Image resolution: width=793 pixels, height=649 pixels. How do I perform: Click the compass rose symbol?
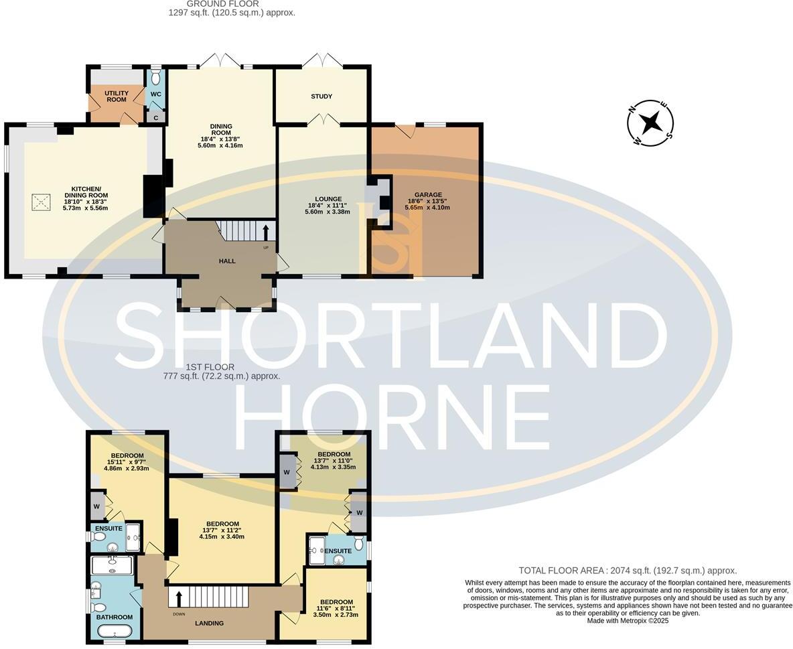[x=650, y=123]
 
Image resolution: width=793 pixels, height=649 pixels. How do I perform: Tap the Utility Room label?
[x=116, y=96]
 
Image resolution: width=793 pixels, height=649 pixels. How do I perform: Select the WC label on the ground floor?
[x=155, y=94]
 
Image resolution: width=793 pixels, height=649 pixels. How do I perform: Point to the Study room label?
[x=321, y=96]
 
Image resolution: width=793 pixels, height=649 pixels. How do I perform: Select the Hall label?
[x=227, y=261]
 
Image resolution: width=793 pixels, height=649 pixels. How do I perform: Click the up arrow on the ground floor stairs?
[x=266, y=232]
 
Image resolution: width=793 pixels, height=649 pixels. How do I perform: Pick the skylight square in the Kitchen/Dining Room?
[x=42, y=202]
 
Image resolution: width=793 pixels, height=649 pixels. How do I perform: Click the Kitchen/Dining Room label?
[x=85, y=190]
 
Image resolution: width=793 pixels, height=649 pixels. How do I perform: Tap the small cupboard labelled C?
[x=156, y=117]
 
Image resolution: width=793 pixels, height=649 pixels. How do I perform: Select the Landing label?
[x=209, y=623]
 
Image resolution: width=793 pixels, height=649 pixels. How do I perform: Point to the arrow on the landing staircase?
[x=179, y=596]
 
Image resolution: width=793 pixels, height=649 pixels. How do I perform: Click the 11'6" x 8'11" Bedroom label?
[x=336, y=601]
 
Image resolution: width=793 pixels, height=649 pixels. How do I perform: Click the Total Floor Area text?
[x=628, y=571]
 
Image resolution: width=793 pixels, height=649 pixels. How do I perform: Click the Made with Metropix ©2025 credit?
[x=628, y=621]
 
